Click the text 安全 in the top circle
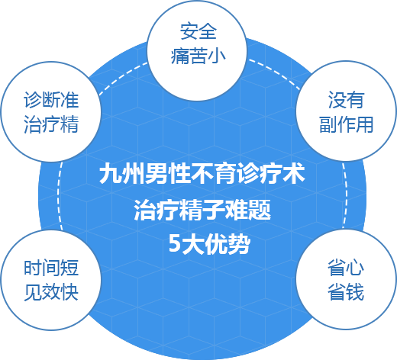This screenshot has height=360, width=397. [198, 31]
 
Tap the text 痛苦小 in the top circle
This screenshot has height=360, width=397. [198, 56]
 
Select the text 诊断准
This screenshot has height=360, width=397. [51, 100]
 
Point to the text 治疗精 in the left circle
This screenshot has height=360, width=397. [51, 124]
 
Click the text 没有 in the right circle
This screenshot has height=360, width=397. [346, 100]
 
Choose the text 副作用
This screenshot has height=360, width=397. [347, 124]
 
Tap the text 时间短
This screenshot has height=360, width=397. [51, 268]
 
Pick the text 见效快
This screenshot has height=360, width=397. [51, 292]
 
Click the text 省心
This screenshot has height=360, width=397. [346, 268]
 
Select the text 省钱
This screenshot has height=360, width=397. [346, 292]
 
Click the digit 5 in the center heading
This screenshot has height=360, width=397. [174, 243]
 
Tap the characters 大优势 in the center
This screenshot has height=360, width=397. [216, 243]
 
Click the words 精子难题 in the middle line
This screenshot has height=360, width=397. [225, 210]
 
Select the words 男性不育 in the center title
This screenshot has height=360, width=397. [189, 174]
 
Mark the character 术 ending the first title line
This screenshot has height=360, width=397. [294, 174]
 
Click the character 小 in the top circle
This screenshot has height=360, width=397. [217, 56]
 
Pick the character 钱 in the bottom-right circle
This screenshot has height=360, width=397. [355, 292]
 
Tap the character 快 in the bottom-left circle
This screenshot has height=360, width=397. [69, 292]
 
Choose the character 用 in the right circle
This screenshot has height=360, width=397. [365, 124]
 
